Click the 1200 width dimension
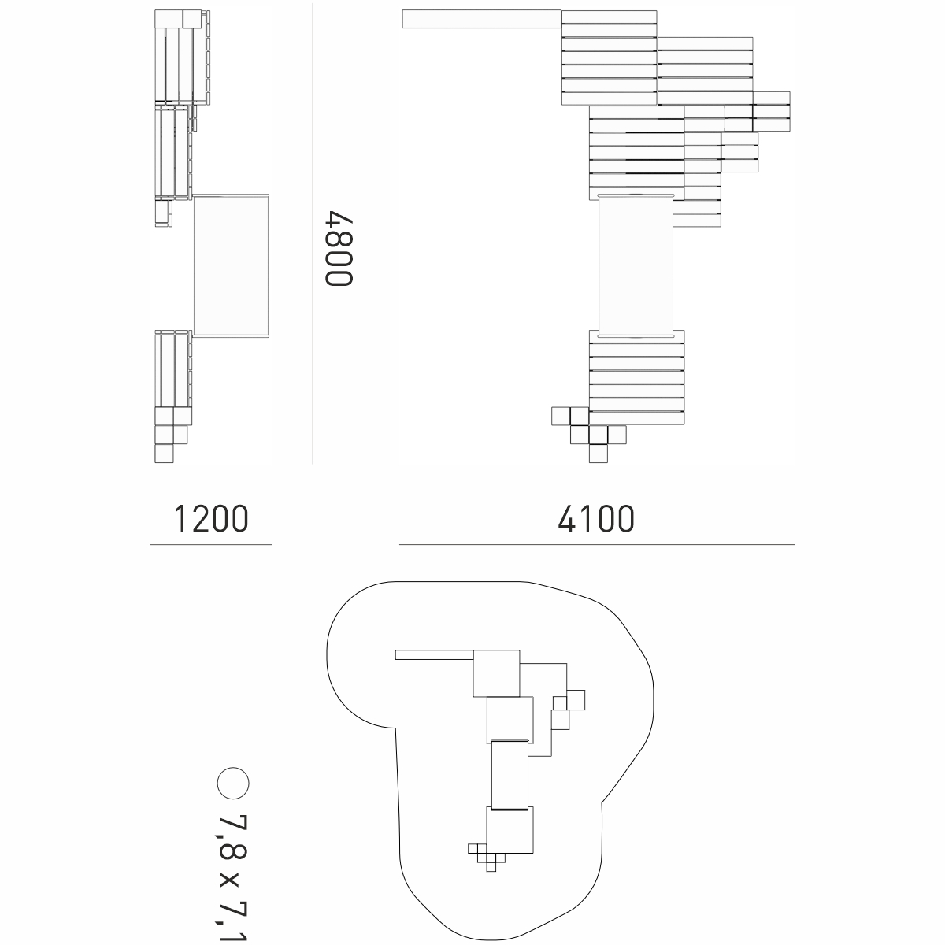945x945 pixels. pyautogui.click(x=211, y=519)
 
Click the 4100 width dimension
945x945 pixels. pyautogui.click(x=596, y=519)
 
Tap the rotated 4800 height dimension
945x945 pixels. pyautogui.click(x=339, y=248)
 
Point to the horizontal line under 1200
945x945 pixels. pyautogui.click(x=211, y=544)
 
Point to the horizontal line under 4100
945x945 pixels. pyautogui.click(x=597, y=544)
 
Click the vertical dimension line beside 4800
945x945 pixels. pyautogui.click(x=313, y=233)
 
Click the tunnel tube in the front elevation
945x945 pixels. pyautogui.click(x=636, y=266)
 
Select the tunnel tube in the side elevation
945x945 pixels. pyautogui.click(x=231, y=266)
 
